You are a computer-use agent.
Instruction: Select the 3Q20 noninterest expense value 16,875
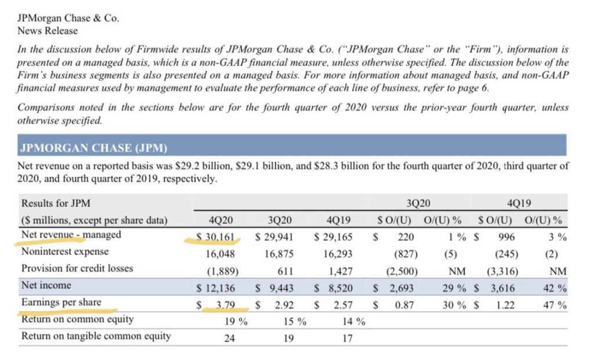[x=279, y=254]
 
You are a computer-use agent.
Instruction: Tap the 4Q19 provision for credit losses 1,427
[x=338, y=271]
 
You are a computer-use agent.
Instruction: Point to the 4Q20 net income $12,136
[x=216, y=288]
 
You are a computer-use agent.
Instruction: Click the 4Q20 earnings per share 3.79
[x=225, y=305]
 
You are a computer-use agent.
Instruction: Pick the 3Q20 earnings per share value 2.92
[x=284, y=305]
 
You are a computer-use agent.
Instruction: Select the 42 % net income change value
[x=555, y=288]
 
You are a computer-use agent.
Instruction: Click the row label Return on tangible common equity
[x=96, y=336]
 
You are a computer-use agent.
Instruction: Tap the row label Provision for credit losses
[x=77, y=268]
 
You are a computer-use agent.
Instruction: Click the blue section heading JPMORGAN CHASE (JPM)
[x=93, y=148]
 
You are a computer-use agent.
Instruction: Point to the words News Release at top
[x=48, y=31]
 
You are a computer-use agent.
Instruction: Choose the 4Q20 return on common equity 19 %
[x=236, y=321]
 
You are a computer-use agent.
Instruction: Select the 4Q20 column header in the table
[x=221, y=220]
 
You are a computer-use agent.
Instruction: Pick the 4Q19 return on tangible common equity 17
[x=347, y=338]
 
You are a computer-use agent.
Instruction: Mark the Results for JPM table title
[x=56, y=203]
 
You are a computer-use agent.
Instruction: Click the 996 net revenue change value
[x=506, y=237]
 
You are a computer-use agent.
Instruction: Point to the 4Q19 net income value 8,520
[x=340, y=288]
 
